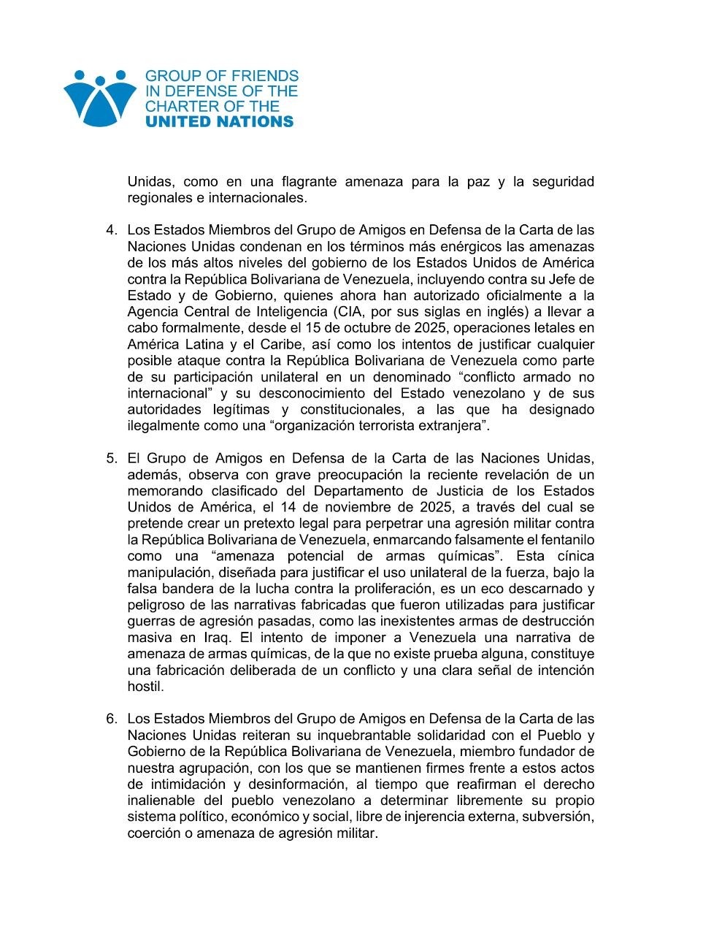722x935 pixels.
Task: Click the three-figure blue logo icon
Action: (x=99, y=98)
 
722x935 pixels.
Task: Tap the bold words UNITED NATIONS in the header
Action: (x=219, y=122)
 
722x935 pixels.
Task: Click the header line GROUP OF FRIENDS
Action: (x=222, y=76)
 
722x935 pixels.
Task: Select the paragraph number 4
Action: (x=111, y=230)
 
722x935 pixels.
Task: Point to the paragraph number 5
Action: (x=111, y=459)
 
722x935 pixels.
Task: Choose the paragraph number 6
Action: (x=111, y=719)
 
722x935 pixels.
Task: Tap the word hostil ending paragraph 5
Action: (x=145, y=687)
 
